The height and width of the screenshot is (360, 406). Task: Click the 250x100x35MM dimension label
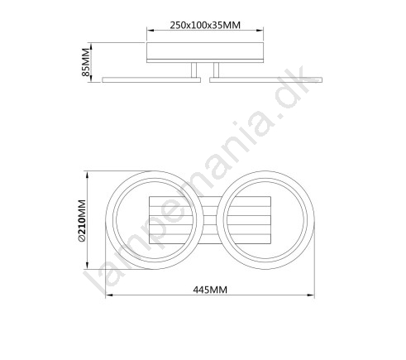pos(205,25)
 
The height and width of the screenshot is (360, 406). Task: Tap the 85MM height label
pos(86,62)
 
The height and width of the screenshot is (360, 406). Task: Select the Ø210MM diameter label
pos(82,221)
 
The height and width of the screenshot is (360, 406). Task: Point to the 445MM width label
pos(210,290)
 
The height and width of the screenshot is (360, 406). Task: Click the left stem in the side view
pos(194,70)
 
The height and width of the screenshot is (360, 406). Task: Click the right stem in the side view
pos(216,70)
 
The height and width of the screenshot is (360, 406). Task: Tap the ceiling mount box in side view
pos(205,52)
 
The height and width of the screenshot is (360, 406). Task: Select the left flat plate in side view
pos(151,79)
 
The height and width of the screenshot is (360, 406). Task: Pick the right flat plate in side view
pos(265,79)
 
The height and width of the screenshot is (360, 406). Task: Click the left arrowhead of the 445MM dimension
pos(108,295)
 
